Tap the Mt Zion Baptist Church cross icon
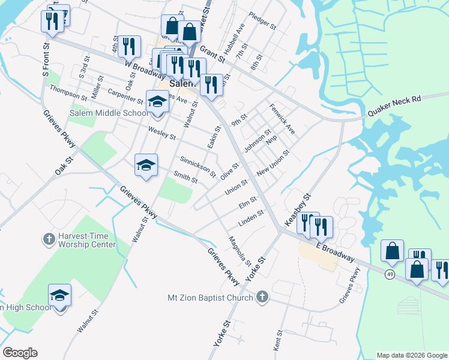tap(261, 296)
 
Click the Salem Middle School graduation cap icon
tap(157, 102)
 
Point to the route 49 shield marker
tap(390, 274)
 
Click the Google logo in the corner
tap(20, 353)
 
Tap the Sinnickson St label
tap(198, 166)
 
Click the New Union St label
tap(273, 163)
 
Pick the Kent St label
tap(279, 340)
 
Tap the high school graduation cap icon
tap(59, 295)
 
